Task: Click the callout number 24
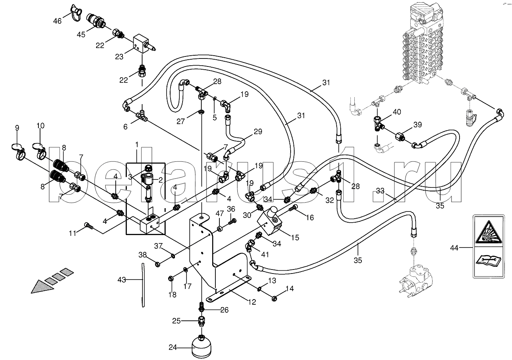[173, 348]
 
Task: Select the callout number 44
[454, 248]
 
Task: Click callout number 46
[57, 21]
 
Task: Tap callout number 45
[81, 34]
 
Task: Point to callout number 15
[295, 237]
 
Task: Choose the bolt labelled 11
[89, 227]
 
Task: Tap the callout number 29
[258, 131]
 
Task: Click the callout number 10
[40, 126]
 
